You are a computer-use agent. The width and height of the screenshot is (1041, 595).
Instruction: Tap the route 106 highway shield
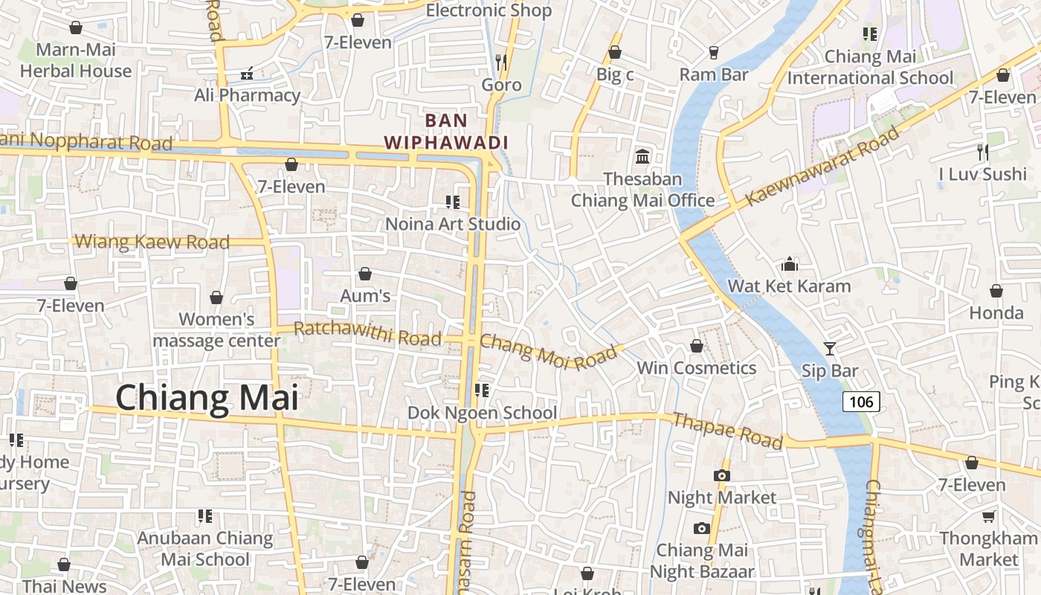point(861,402)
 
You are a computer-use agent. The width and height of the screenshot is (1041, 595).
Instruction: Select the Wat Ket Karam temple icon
point(789,264)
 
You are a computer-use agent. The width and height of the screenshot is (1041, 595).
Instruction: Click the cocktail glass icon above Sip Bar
point(829,348)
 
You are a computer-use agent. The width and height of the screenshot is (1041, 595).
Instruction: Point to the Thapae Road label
point(727,431)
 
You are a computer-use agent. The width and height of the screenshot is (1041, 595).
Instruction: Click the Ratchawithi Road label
point(367,333)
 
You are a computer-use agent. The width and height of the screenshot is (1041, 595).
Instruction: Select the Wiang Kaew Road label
point(152,242)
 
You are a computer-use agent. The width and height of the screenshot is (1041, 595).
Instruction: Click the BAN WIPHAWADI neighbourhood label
point(446,132)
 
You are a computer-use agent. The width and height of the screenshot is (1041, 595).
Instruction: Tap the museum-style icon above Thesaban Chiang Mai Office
point(642,157)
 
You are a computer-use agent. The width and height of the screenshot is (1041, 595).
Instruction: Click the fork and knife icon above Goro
point(501,62)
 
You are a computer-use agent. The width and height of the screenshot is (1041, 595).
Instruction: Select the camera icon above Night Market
point(721,475)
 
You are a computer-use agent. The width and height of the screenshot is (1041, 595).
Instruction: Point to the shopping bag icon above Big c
point(615,52)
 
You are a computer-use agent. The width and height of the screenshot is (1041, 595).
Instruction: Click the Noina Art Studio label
point(453,224)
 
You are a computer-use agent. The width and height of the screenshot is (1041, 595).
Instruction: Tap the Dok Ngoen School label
point(482,413)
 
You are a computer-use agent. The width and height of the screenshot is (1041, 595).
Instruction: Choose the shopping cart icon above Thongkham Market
point(988,516)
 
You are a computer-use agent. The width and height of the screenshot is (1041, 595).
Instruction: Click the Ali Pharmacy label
point(247,95)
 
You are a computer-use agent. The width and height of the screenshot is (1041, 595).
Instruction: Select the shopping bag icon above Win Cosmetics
point(697,346)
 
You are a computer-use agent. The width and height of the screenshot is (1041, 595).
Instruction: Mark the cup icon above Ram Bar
point(714,52)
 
